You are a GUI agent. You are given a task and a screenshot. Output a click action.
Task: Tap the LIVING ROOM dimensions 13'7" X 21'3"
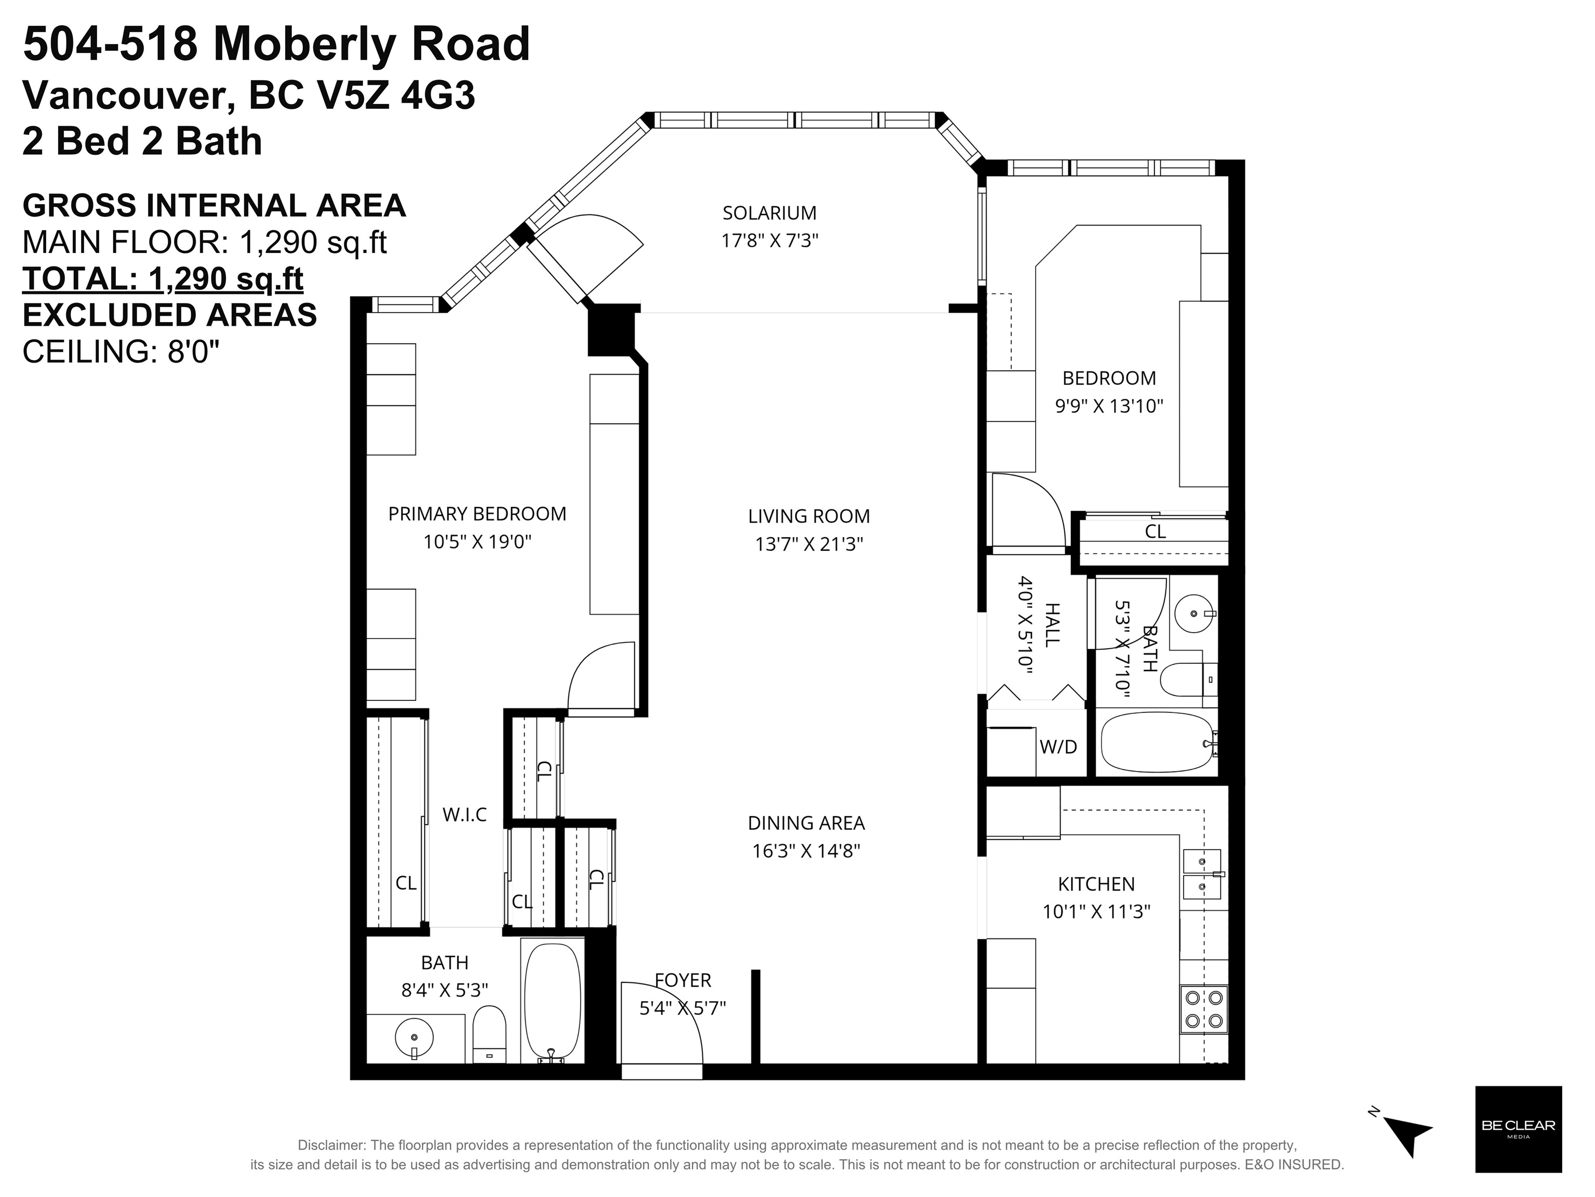click(x=809, y=544)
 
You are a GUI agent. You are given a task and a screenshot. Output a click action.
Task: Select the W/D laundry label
click(x=1058, y=747)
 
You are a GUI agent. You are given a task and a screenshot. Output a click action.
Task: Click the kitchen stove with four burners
click(x=1203, y=1009)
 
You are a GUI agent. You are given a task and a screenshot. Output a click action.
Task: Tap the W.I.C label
click(x=464, y=815)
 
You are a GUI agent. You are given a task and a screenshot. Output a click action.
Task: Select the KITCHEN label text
click(x=1096, y=884)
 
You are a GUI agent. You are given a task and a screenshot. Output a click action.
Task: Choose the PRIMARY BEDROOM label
click(x=477, y=514)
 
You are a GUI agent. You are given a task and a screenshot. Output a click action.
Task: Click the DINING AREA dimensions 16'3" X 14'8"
click(x=806, y=851)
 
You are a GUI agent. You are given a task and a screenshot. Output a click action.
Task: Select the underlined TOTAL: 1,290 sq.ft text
click(x=163, y=278)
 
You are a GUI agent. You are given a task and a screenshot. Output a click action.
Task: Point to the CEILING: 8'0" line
click(x=121, y=352)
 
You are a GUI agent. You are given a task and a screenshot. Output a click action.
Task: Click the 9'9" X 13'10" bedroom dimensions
click(x=1109, y=406)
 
